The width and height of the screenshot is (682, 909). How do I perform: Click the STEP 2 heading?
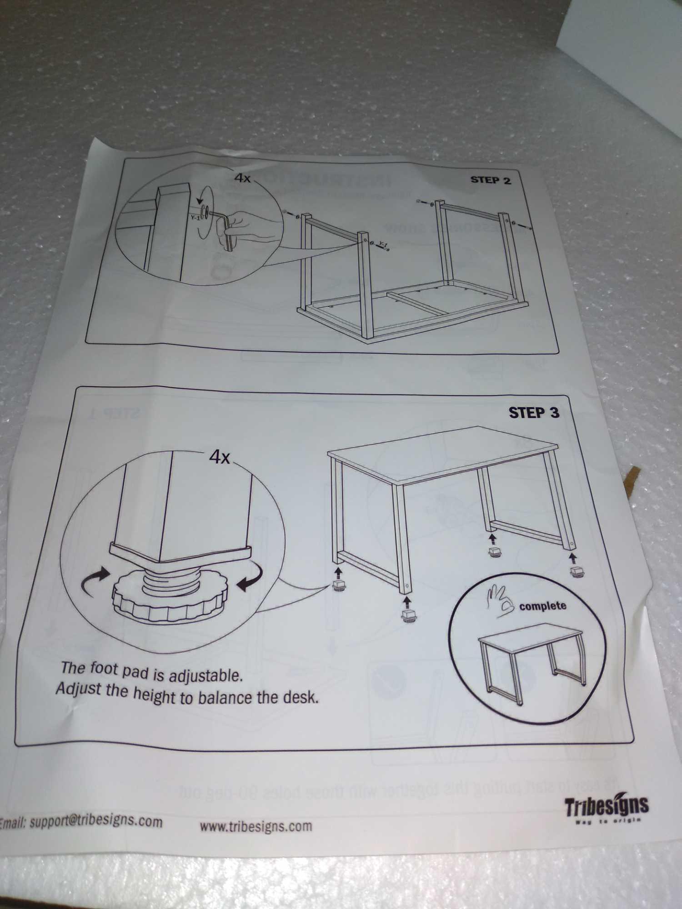point(490,180)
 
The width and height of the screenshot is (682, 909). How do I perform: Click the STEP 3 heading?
point(533,413)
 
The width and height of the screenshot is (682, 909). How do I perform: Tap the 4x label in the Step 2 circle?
point(242,178)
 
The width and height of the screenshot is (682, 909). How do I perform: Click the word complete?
point(542,606)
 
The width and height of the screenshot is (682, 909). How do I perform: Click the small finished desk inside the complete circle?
point(530,659)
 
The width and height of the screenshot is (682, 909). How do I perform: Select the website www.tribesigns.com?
point(256,825)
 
